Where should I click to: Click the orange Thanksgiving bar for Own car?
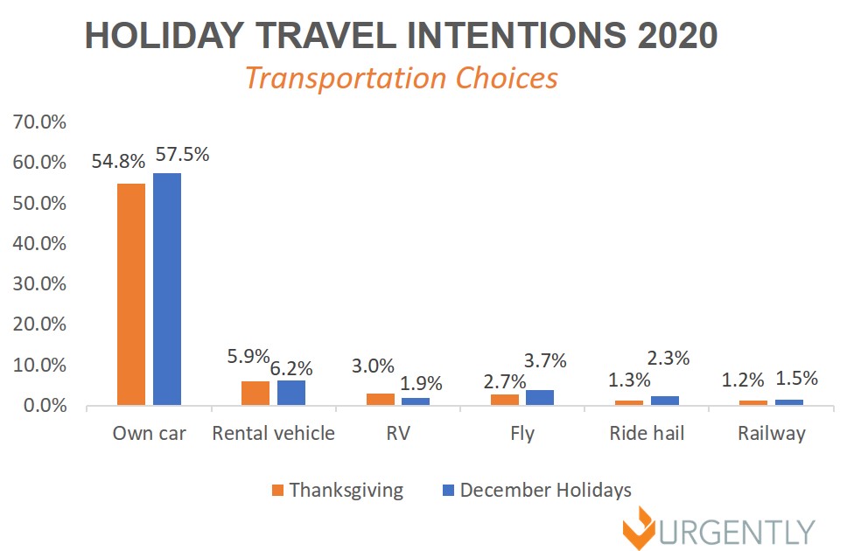click(x=131, y=295)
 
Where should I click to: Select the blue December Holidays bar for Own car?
click(x=167, y=289)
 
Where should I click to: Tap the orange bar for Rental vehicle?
click(x=255, y=394)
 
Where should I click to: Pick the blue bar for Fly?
click(x=540, y=398)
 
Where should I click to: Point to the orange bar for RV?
click(x=381, y=400)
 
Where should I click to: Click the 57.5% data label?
click(x=182, y=155)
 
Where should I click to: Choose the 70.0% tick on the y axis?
click(x=38, y=122)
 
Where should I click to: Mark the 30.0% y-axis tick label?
click(x=38, y=284)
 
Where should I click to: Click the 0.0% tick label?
click(x=44, y=406)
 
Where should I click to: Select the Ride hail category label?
click(x=647, y=434)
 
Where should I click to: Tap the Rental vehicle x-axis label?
click(x=273, y=434)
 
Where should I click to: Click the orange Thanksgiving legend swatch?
click(x=278, y=491)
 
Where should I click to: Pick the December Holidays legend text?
click(x=545, y=490)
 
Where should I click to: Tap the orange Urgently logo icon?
click(x=642, y=529)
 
